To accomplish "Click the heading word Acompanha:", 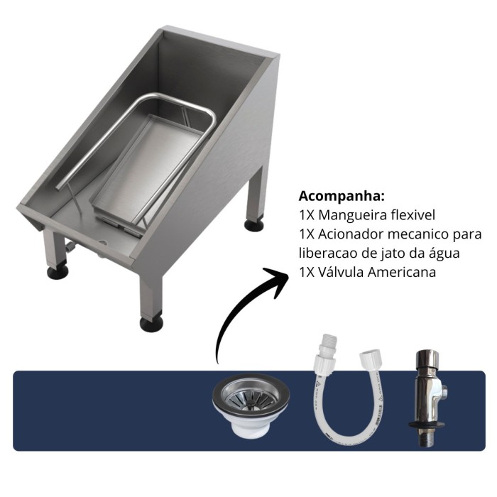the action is (342, 197).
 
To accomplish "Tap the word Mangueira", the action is (352, 215).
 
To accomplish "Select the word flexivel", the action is (413, 215).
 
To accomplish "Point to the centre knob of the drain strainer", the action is (251, 402).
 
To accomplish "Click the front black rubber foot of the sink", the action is (151, 324).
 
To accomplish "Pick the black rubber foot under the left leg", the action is (58, 272).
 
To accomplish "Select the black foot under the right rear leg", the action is (254, 224).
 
